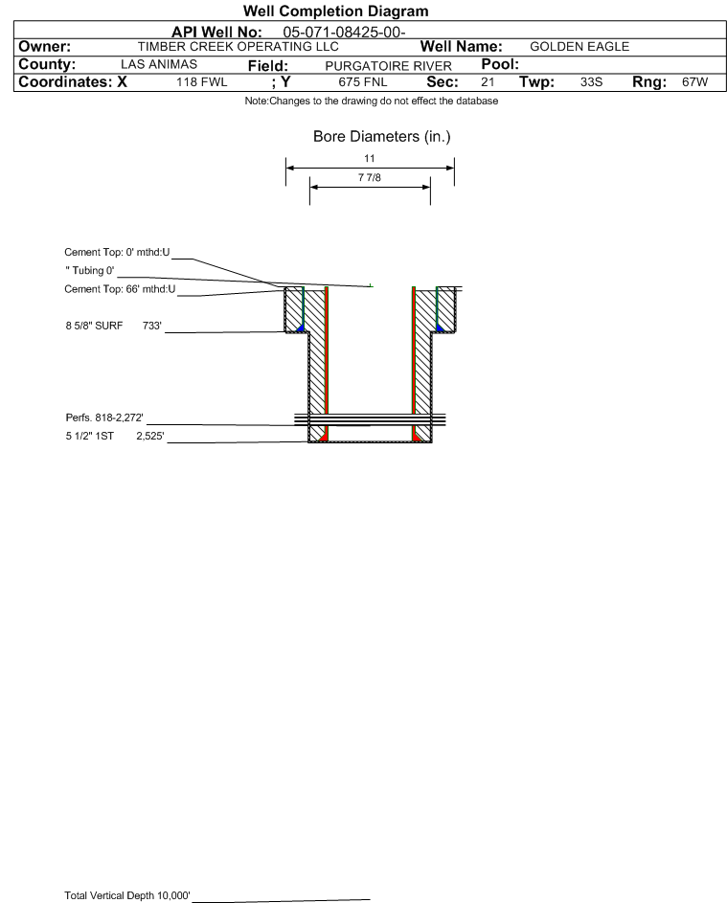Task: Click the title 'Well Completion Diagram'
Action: [336, 11]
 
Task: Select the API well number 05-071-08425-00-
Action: [344, 33]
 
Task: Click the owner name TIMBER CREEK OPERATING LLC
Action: [238, 47]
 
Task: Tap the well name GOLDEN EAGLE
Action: [579, 47]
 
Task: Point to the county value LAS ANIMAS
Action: [159, 64]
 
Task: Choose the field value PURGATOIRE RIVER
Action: [388, 66]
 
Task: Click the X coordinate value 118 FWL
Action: [201, 82]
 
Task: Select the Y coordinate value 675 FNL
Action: [363, 82]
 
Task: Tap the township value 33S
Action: [592, 82]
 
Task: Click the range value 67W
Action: [694, 82]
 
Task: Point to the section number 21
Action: [488, 82]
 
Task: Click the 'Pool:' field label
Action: [500, 64]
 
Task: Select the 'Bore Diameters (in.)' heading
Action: [382, 137]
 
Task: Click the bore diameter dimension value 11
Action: [370, 158]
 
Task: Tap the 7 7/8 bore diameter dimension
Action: [370, 177]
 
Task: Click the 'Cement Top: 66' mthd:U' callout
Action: [120, 289]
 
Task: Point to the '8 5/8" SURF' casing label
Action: [94, 326]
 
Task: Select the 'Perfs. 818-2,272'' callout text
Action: [104, 418]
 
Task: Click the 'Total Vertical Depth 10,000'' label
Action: [127, 895]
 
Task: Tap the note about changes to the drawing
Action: [372, 101]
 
